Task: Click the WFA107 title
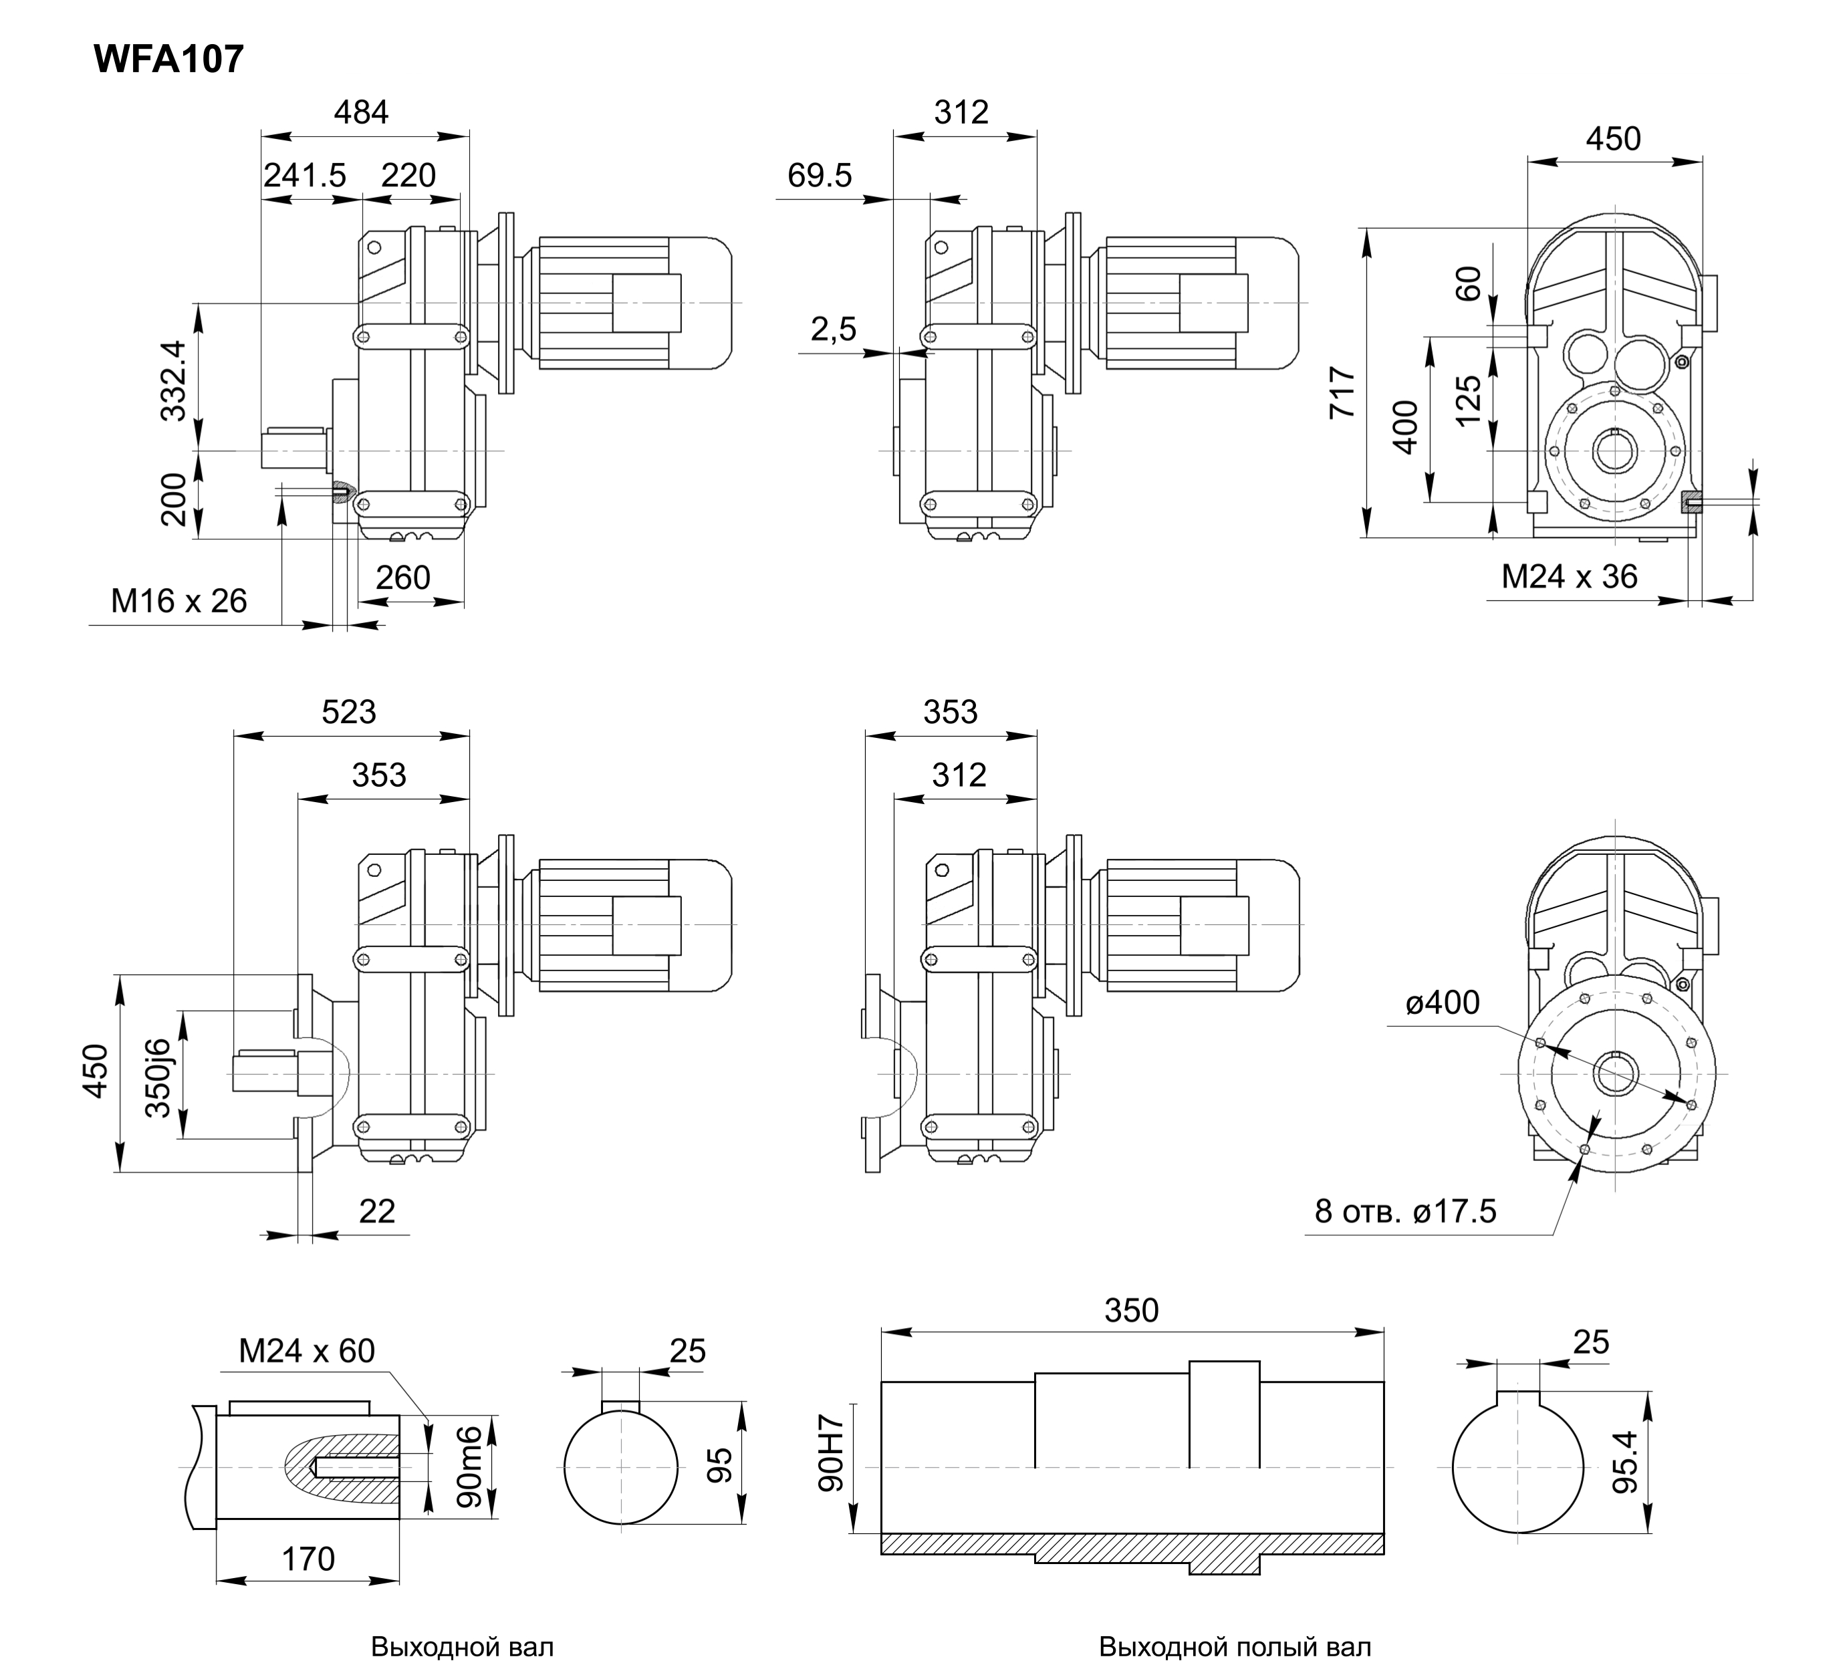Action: pos(170,60)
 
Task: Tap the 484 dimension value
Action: pos(361,112)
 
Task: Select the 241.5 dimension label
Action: pos(305,175)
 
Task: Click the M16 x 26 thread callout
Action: pos(180,601)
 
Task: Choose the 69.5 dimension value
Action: pos(819,175)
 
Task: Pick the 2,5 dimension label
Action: pos(834,329)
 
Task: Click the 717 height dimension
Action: pos(1342,392)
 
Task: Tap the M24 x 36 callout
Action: pos(1569,577)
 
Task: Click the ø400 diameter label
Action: pos(1443,1002)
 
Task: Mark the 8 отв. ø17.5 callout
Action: pos(1405,1210)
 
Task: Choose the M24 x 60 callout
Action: pos(307,1351)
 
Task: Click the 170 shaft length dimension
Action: pos(308,1559)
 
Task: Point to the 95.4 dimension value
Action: pos(1624,1462)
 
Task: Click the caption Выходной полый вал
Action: pos(1235,1647)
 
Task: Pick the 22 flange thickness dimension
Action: pos(377,1212)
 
